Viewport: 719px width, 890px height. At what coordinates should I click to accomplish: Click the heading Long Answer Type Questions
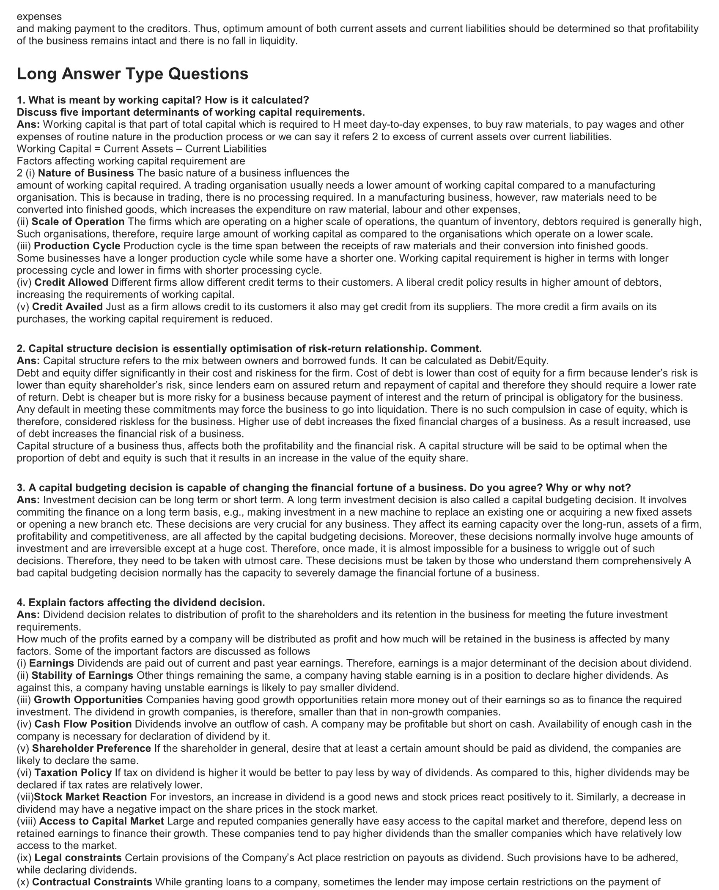pos(132,74)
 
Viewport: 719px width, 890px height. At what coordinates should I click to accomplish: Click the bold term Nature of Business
pos(86,173)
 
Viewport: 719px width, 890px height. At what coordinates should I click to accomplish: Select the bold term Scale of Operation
pos(78,221)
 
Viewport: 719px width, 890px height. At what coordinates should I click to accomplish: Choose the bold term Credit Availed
pos(67,306)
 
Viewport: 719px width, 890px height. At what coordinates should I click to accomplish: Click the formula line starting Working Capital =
pos(142,149)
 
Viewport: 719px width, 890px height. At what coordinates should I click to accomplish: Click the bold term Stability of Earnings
pos(82,675)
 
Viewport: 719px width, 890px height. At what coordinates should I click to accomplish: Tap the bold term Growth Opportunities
pos(88,700)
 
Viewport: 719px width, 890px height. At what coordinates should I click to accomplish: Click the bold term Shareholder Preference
pos(91,748)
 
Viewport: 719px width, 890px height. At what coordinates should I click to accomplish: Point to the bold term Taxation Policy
pos(73,773)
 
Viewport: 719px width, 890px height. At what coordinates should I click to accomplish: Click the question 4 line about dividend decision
pos(141,602)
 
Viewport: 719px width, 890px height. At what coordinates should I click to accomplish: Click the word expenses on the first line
pos(39,16)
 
